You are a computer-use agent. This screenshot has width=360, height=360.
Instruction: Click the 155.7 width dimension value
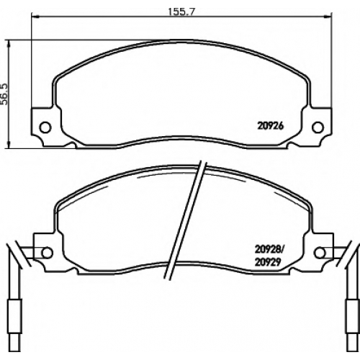click(x=181, y=12)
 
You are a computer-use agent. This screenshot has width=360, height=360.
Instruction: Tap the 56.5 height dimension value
click(x=5, y=94)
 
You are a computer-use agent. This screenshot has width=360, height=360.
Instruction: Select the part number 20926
click(x=271, y=126)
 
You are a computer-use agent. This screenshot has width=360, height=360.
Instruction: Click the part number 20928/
click(x=269, y=250)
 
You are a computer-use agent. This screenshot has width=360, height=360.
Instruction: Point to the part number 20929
click(x=268, y=262)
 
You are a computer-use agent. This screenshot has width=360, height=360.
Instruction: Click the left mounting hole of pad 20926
click(x=45, y=127)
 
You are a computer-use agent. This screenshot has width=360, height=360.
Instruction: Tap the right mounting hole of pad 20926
click(x=318, y=127)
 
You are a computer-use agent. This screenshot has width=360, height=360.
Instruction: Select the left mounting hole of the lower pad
click(x=47, y=253)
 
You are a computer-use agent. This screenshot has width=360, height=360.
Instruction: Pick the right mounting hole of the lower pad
click(x=320, y=253)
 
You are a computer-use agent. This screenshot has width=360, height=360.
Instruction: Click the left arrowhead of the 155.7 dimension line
click(x=35, y=17)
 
